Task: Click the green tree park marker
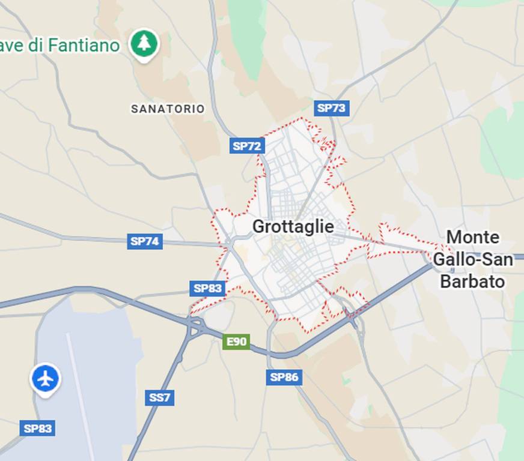[144, 43]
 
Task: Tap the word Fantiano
[84, 45]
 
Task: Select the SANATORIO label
[168, 109]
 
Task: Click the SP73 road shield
[331, 108]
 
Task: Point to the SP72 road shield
[247, 145]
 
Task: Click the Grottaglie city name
[293, 226]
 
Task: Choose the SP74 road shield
[145, 241]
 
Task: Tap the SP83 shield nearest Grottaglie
[207, 288]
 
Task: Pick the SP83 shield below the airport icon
[37, 428]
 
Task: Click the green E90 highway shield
[236, 342]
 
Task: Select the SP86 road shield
[284, 377]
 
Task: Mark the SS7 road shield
[159, 397]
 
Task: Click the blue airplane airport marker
[45, 379]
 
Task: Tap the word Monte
[472, 237]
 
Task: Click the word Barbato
[472, 281]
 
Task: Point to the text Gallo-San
[472, 259]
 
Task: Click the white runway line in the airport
[78, 384]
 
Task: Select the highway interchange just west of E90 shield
[195, 327]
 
